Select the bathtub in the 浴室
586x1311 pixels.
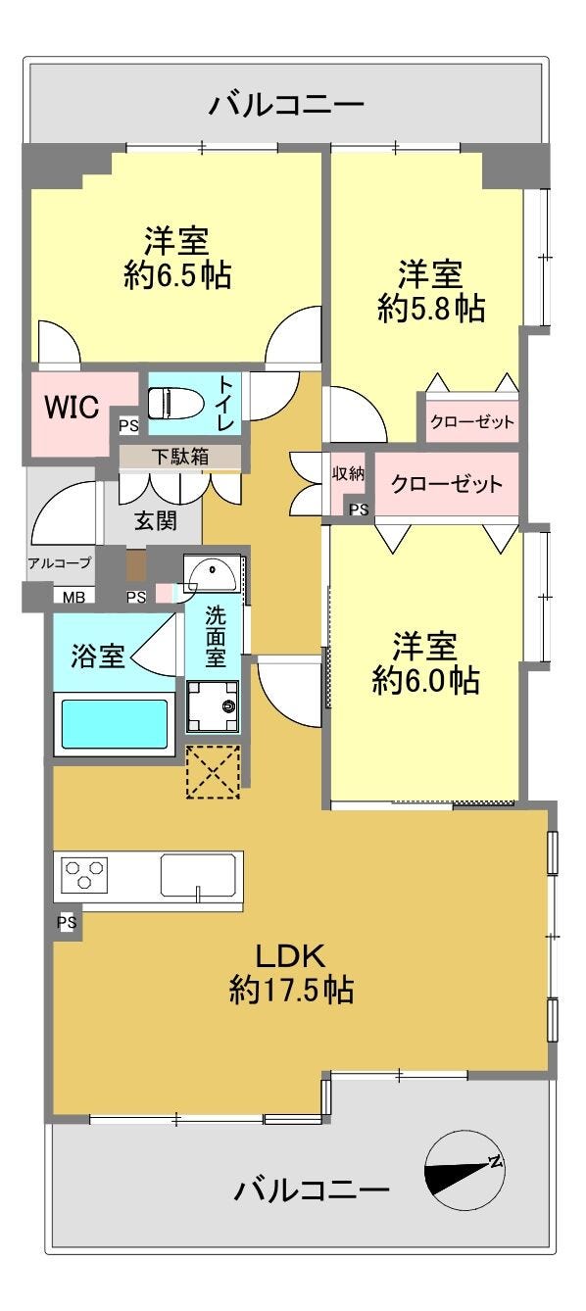coord(115,724)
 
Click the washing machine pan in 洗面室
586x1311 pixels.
coord(213,706)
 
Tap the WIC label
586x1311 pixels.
coord(72,407)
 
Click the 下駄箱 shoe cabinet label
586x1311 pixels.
coord(180,456)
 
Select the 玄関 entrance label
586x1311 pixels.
coord(156,519)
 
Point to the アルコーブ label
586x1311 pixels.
coord(60,562)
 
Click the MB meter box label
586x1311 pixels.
coord(73,597)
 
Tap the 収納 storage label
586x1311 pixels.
coord(348,473)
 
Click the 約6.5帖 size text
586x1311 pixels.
coord(177,274)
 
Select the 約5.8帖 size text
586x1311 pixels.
coord(431,308)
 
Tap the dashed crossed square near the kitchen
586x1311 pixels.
coord(213,771)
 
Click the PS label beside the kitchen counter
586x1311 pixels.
coord(67,922)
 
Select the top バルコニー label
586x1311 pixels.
coord(287,106)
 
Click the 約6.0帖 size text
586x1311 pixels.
coord(425,680)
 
